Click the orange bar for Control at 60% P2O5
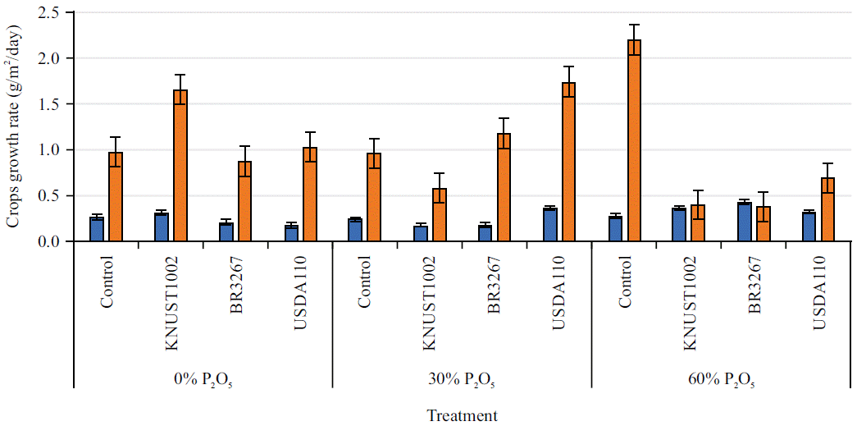[x=633, y=140]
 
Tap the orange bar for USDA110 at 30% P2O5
[x=569, y=162]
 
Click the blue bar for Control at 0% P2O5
[x=97, y=230]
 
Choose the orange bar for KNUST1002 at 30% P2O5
[x=440, y=215]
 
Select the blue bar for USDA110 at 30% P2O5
[x=550, y=225]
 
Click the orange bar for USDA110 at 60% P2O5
[x=827, y=210]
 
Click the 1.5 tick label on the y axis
[x=52, y=104]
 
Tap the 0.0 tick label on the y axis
[x=52, y=241]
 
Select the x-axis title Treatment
[x=462, y=415]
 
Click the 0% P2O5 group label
[x=203, y=380]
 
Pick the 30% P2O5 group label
[x=461, y=380]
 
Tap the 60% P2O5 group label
[x=721, y=380]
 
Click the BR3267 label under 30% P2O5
[x=494, y=285]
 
